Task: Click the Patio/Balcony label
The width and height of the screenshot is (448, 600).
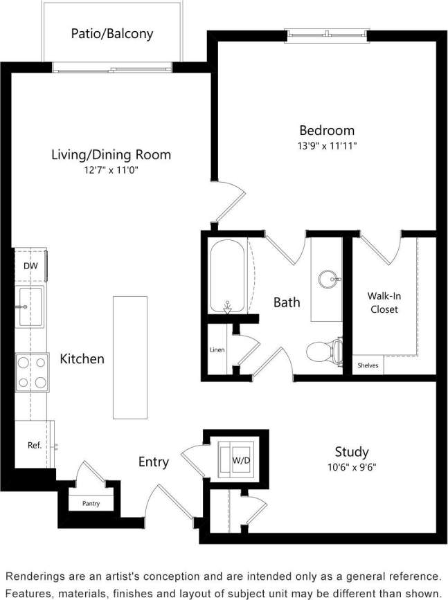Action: pyautogui.click(x=112, y=33)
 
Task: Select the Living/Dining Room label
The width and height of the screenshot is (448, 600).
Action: pyautogui.click(x=111, y=154)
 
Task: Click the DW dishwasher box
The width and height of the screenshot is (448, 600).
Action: pyautogui.click(x=30, y=266)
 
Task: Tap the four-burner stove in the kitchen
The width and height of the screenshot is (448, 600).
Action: pyautogui.click(x=32, y=372)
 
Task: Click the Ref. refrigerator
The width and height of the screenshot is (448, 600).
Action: pyautogui.click(x=34, y=445)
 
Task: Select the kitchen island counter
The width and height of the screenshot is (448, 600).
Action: pyautogui.click(x=130, y=357)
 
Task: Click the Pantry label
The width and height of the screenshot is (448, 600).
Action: pyautogui.click(x=91, y=503)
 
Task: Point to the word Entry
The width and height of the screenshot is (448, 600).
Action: pyautogui.click(x=153, y=462)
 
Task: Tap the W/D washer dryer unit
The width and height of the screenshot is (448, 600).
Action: pyautogui.click(x=240, y=459)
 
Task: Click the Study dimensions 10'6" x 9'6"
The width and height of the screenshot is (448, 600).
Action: pyautogui.click(x=351, y=466)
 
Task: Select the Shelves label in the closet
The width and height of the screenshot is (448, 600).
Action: pyautogui.click(x=368, y=365)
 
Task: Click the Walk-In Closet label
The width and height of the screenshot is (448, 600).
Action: pyautogui.click(x=384, y=302)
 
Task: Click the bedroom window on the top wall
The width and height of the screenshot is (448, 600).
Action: pyautogui.click(x=327, y=33)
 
